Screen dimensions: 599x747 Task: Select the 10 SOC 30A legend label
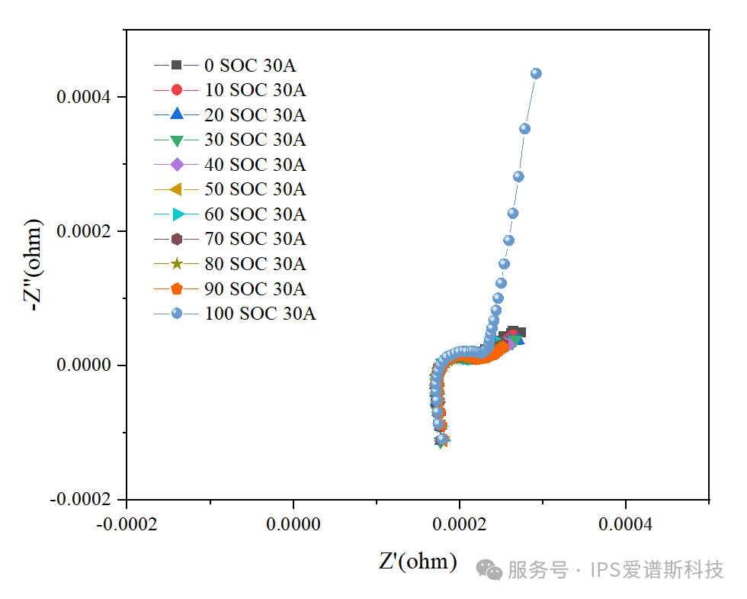[x=255, y=90]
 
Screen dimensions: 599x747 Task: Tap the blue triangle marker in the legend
[x=176, y=114]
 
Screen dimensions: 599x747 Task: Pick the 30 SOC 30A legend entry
[x=255, y=140]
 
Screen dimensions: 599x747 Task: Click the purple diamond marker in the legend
[x=176, y=164]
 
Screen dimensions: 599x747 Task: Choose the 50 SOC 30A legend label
[x=255, y=189]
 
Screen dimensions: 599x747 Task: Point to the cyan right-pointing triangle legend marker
[x=176, y=214]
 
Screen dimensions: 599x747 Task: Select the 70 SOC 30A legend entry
[x=255, y=239]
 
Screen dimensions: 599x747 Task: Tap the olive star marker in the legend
[x=176, y=264]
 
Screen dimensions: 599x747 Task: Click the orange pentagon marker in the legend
[x=176, y=288]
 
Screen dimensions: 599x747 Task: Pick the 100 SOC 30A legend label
[x=259, y=314]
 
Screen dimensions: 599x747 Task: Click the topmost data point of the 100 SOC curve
[x=536, y=73]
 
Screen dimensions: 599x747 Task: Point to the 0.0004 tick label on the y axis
[x=83, y=97]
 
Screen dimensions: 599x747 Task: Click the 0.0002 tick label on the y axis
[x=83, y=231]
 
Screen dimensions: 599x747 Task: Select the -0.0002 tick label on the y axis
[x=80, y=499]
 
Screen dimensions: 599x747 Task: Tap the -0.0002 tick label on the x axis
[x=127, y=526]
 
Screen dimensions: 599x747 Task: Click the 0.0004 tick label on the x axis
[x=626, y=526]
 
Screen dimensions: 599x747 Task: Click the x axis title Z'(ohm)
[x=418, y=562]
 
